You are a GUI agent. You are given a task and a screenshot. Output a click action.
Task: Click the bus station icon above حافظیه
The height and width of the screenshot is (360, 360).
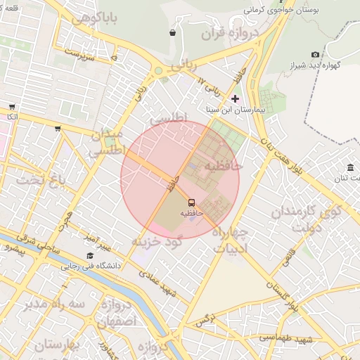point(192,202)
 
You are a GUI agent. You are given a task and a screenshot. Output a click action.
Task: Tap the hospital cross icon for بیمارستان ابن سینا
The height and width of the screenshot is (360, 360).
point(235,99)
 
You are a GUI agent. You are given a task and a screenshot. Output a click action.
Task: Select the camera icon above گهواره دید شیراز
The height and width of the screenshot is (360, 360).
point(315,54)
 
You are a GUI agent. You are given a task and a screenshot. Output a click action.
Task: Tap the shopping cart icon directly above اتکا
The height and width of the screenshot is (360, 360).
point(11,106)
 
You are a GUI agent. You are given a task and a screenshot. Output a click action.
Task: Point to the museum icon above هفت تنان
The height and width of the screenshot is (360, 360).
point(350,167)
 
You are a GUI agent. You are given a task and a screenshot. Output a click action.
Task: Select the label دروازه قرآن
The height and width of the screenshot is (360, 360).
point(230,33)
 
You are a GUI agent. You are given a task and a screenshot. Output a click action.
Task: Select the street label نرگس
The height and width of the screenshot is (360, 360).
point(204,320)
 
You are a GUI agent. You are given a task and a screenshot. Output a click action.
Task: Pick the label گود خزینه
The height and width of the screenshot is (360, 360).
point(157,241)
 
